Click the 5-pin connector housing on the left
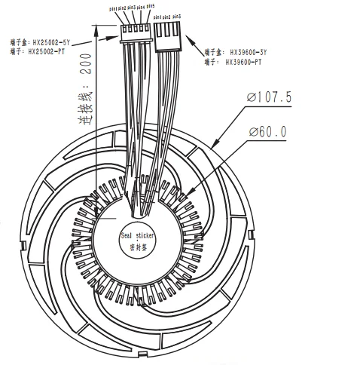[x=135, y=32]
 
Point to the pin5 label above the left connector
[x=151, y=6]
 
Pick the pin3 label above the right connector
[x=176, y=15]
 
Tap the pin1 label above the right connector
[x=157, y=15]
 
